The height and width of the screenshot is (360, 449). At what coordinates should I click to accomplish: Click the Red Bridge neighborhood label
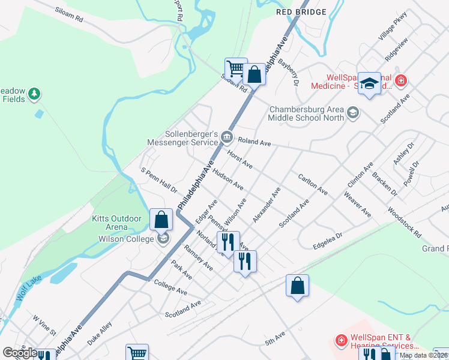[x=301, y=11]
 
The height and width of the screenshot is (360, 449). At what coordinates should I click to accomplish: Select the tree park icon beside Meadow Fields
[x=34, y=93]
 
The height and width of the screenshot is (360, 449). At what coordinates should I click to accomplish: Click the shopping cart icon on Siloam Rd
[x=236, y=69]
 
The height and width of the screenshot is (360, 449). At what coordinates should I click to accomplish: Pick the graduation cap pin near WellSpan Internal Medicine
[x=369, y=83]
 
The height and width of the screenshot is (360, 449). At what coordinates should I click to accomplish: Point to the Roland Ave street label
[x=255, y=142]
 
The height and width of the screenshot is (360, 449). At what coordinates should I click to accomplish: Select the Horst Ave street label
[x=240, y=159]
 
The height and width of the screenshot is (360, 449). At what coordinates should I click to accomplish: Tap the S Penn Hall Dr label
[x=159, y=180]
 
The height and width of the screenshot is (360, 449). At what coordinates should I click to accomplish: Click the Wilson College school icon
[x=162, y=239]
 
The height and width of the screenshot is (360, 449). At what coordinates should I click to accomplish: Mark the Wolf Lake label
[x=23, y=291]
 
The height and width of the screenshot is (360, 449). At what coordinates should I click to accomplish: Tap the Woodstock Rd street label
[x=405, y=221]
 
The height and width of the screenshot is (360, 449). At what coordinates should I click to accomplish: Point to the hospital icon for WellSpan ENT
[x=341, y=341]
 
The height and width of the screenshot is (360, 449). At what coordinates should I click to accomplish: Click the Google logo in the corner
[x=20, y=353]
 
